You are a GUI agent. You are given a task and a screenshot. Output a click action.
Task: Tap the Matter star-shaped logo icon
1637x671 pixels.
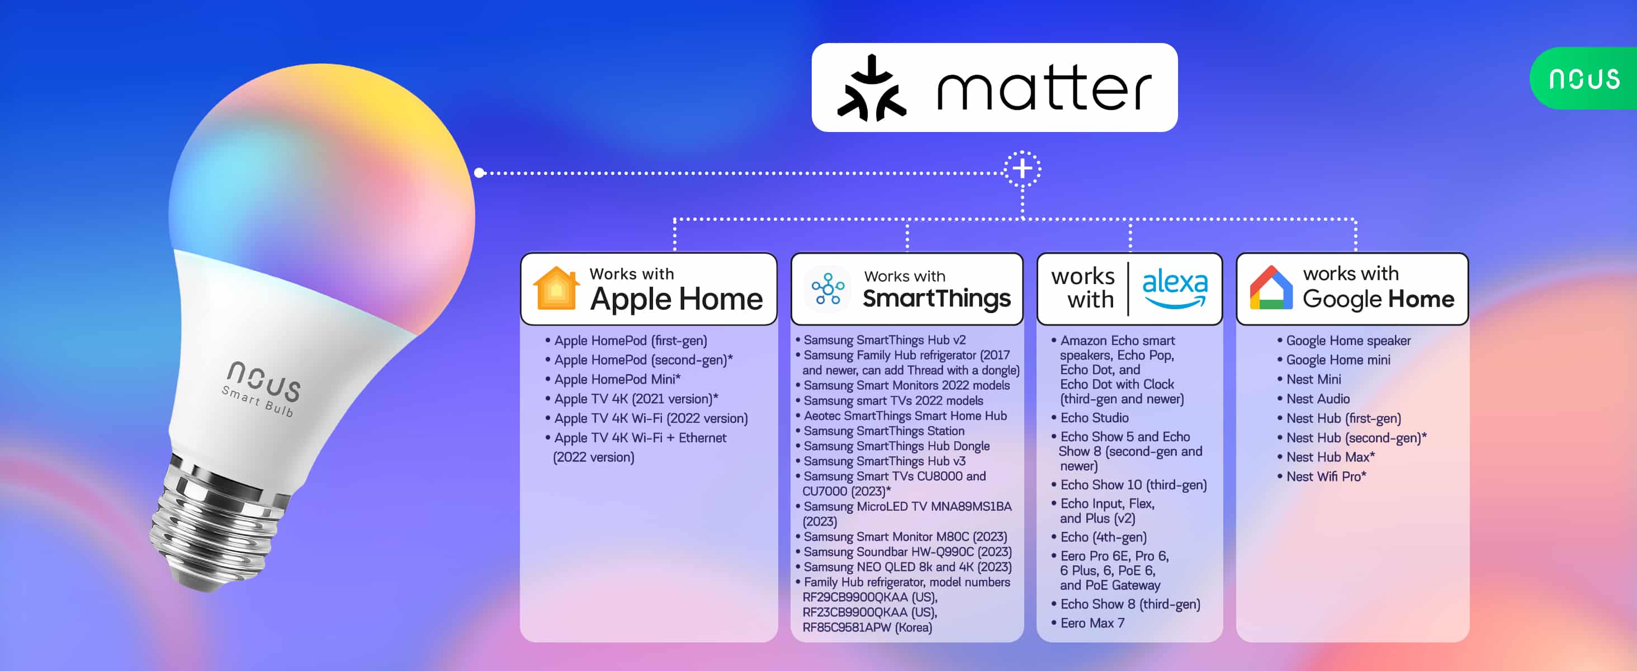tap(871, 88)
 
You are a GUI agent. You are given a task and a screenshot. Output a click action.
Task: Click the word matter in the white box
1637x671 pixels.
tap(1044, 88)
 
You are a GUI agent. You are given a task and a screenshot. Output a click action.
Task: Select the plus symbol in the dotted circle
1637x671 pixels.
tap(1022, 169)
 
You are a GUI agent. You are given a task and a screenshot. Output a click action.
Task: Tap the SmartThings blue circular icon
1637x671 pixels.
tap(827, 289)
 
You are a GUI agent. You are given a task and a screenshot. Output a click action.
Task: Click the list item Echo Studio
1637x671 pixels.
tap(1090, 418)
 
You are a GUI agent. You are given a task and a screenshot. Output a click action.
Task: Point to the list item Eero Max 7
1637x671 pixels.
tap(1088, 623)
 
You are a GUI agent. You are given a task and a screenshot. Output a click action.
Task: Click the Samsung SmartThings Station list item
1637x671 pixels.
tap(880, 431)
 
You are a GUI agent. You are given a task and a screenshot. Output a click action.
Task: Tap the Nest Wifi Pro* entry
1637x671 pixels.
tap(1322, 476)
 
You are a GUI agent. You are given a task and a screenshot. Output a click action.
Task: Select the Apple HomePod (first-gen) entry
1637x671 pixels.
tap(626, 341)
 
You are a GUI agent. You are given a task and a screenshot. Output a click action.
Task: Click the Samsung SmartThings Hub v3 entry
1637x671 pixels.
tap(881, 461)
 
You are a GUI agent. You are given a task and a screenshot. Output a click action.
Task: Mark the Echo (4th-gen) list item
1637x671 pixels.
tap(1099, 537)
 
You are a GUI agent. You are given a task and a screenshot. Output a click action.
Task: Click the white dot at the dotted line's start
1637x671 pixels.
tap(479, 172)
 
